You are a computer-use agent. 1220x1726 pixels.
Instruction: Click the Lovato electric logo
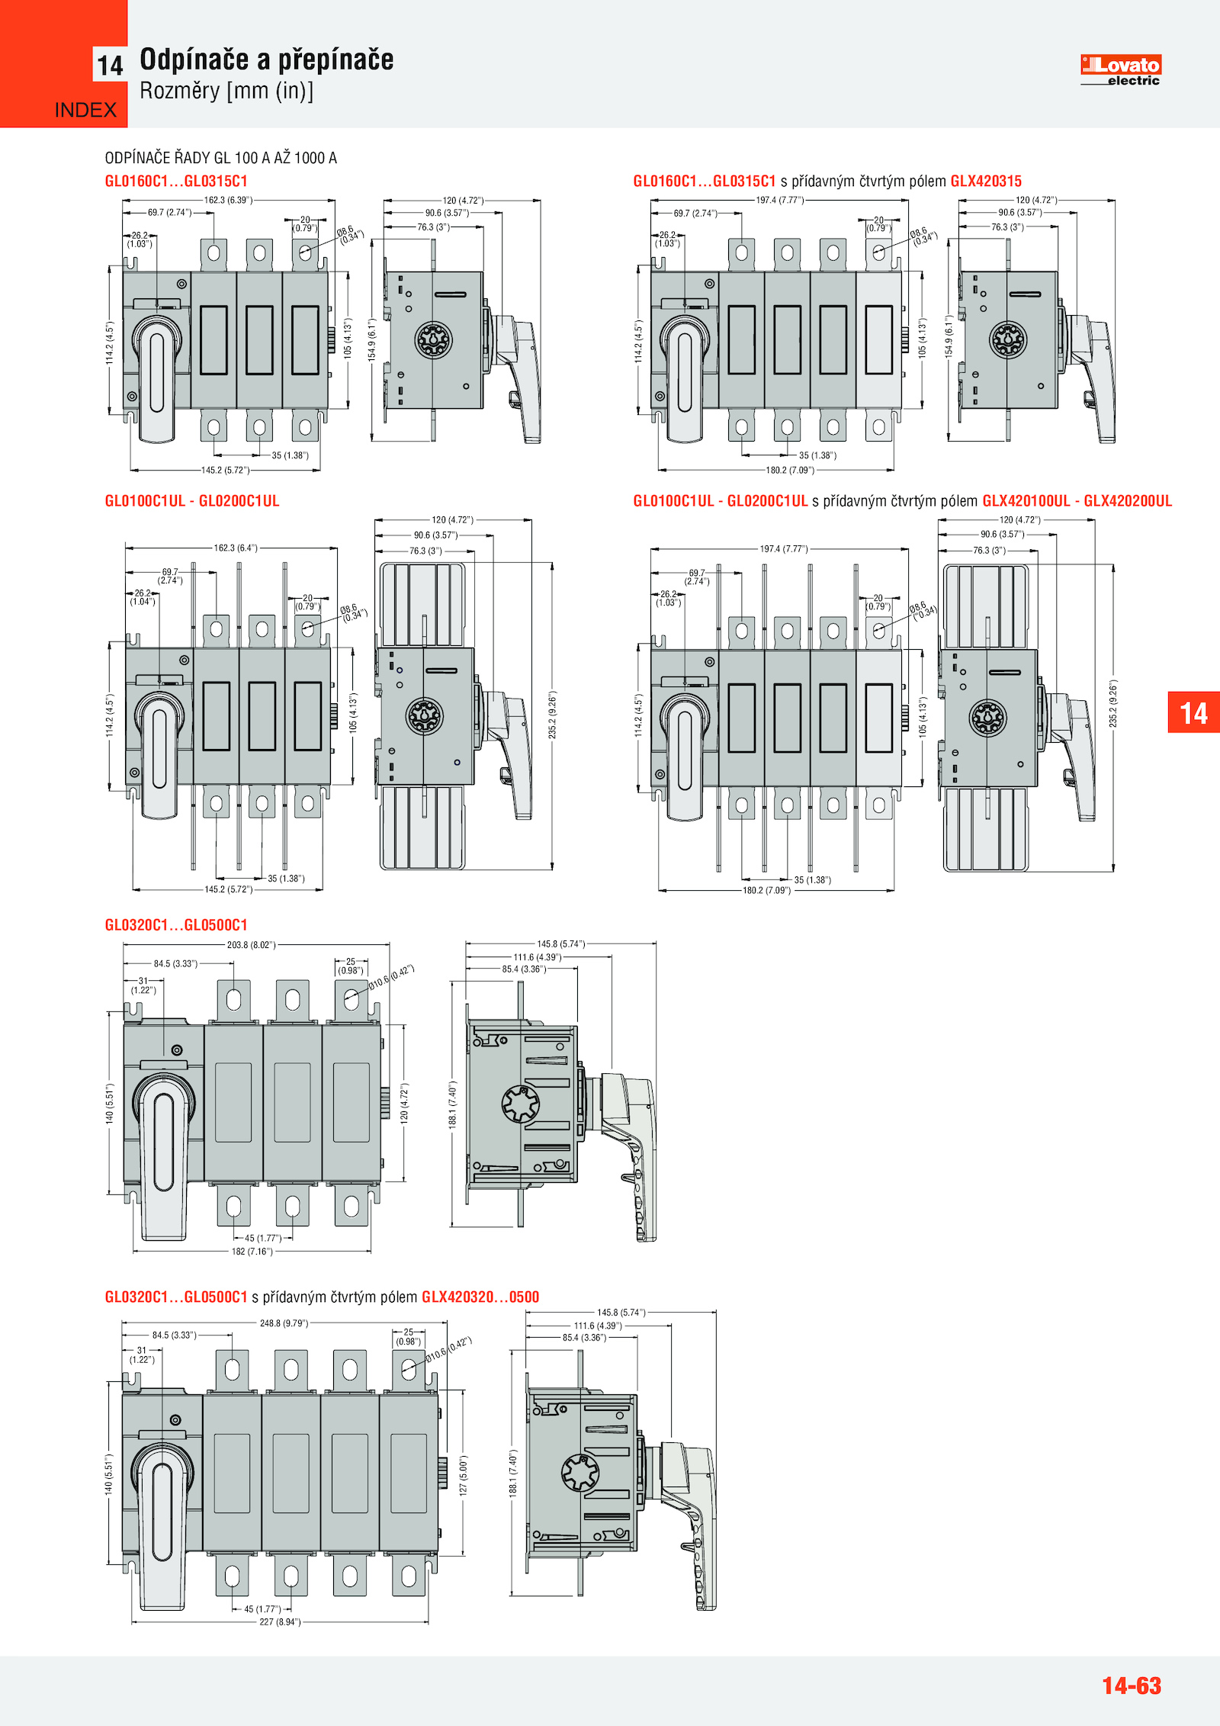pos(1120,69)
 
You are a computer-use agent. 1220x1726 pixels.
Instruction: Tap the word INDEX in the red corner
pos(85,111)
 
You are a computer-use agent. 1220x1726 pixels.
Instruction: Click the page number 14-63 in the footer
pos(1131,1685)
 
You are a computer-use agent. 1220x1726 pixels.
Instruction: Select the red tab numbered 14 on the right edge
pos(1193,712)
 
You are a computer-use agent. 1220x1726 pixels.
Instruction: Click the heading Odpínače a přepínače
pos(266,59)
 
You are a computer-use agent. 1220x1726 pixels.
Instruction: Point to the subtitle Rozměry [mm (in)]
pos(226,91)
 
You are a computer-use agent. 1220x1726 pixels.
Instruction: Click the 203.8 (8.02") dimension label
pos(251,945)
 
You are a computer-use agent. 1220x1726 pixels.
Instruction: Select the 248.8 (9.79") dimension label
pos(284,1323)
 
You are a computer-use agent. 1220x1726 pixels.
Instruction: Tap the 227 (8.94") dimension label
pos(280,1622)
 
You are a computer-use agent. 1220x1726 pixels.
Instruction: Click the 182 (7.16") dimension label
pos(252,1252)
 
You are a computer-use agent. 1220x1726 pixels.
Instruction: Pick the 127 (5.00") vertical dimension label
pos(464,1475)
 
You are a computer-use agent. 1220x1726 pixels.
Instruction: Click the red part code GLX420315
pos(985,182)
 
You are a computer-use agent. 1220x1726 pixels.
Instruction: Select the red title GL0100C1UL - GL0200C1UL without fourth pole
pos(192,501)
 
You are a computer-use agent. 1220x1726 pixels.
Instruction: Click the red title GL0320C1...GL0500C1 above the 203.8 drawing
pos(176,925)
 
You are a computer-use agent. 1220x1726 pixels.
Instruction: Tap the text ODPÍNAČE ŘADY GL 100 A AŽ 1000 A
pos(220,158)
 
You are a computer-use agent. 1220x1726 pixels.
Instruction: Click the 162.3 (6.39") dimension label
pos(228,201)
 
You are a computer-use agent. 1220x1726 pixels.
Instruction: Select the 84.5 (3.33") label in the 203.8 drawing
pos(175,964)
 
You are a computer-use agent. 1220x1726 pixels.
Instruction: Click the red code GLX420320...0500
pos(480,1297)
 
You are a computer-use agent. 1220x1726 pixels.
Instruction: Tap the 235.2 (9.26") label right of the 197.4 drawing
pos(1113,703)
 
